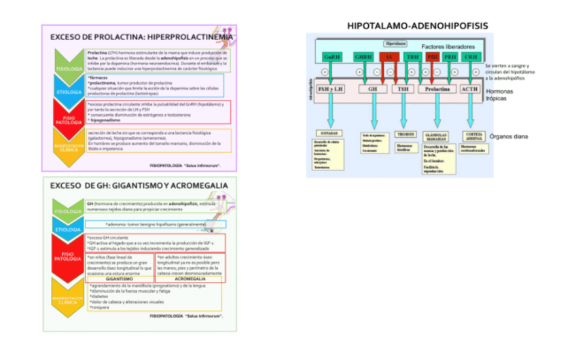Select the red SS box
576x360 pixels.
tap(389, 57)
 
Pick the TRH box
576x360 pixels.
tap(412, 57)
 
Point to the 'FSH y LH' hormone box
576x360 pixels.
tap(331, 89)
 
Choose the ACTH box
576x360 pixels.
tap(469, 89)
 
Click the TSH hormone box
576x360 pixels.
tap(403, 89)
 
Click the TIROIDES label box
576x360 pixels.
tap(406, 134)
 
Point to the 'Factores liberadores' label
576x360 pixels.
tap(442, 46)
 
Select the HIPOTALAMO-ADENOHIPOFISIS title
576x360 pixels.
tap(417, 26)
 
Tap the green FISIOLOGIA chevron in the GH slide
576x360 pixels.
tap(69, 211)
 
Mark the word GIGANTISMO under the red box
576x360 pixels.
tap(119, 278)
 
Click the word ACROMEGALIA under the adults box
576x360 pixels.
tap(191, 278)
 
